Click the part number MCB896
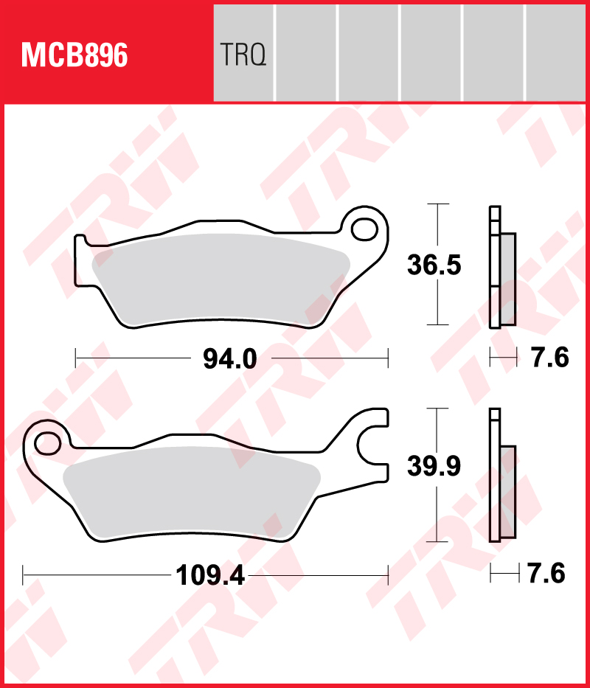pyautogui.click(x=74, y=55)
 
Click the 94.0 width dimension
pyautogui.click(x=229, y=360)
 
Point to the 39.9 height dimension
pyautogui.click(x=434, y=466)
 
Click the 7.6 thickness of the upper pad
pyautogui.click(x=550, y=359)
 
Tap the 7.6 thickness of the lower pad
pyautogui.click(x=546, y=573)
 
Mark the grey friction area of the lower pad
pyautogui.click(x=192, y=490)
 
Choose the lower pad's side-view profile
pyautogui.click(x=504, y=479)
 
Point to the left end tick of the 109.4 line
pyautogui.click(x=24, y=573)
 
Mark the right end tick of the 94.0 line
pyautogui.click(x=387, y=359)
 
